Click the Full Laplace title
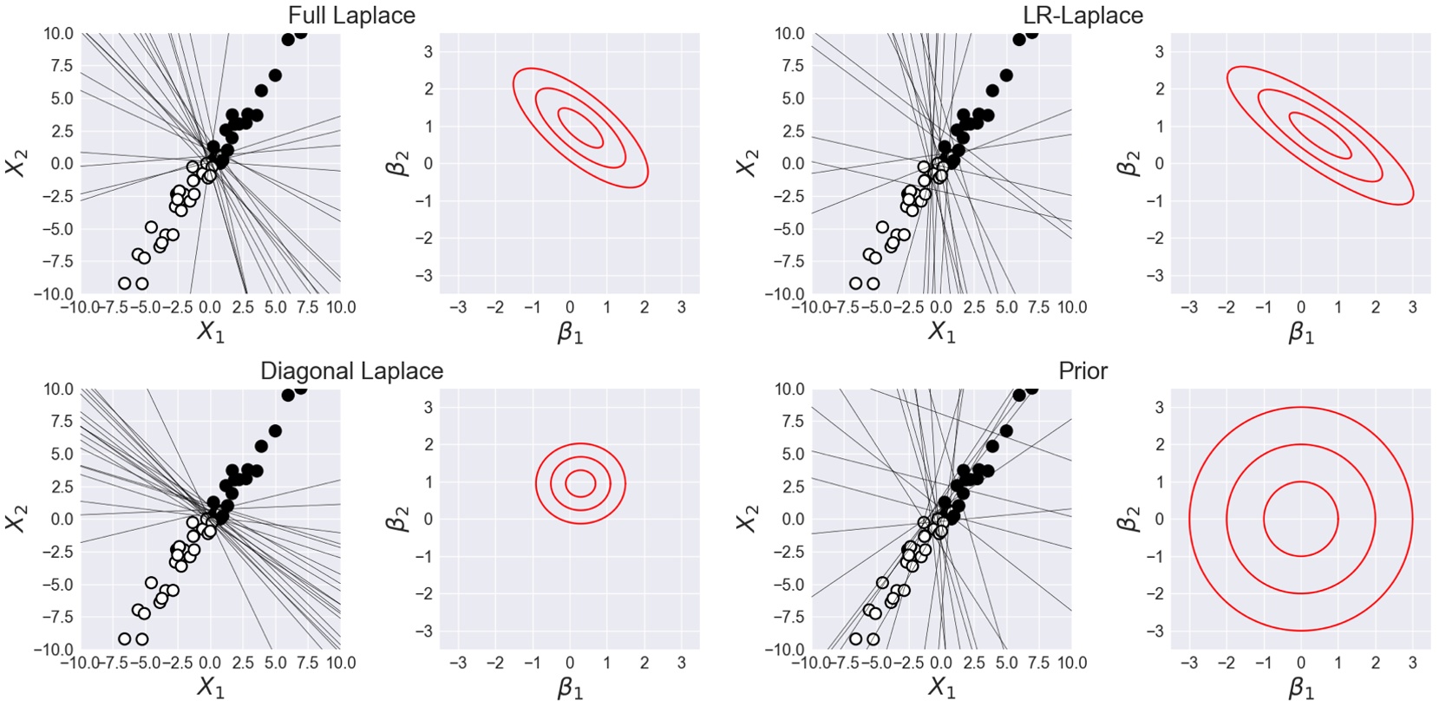pyautogui.click(x=351, y=16)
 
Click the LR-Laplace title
pyautogui.click(x=1083, y=16)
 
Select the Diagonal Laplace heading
pyautogui.click(x=351, y=371)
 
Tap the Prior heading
pyautogui.click(x=1083, y=371)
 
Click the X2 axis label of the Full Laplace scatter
pyautogui.click(x=17, y=163)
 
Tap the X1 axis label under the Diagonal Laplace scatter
pyautogui.click(x=210, y=688)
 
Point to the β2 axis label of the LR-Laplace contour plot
pyautogui.click(x=1128, y=163)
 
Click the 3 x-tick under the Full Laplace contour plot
pyautogui.click(x=681, y=307)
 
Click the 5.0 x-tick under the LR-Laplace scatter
pyautogui.click(x=1006, y=307)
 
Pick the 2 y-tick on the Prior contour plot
pyautogui.click(x=1159, y=444)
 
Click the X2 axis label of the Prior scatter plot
pyautogui.click(x=748, y=519)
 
